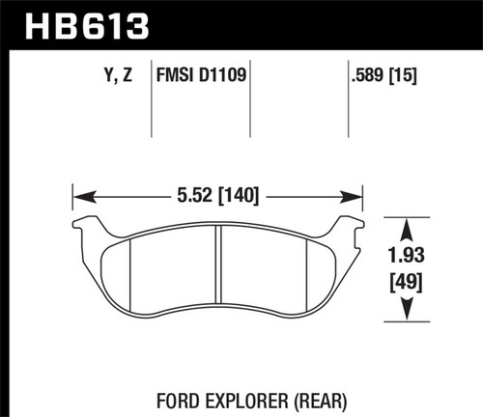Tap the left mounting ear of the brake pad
90,228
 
